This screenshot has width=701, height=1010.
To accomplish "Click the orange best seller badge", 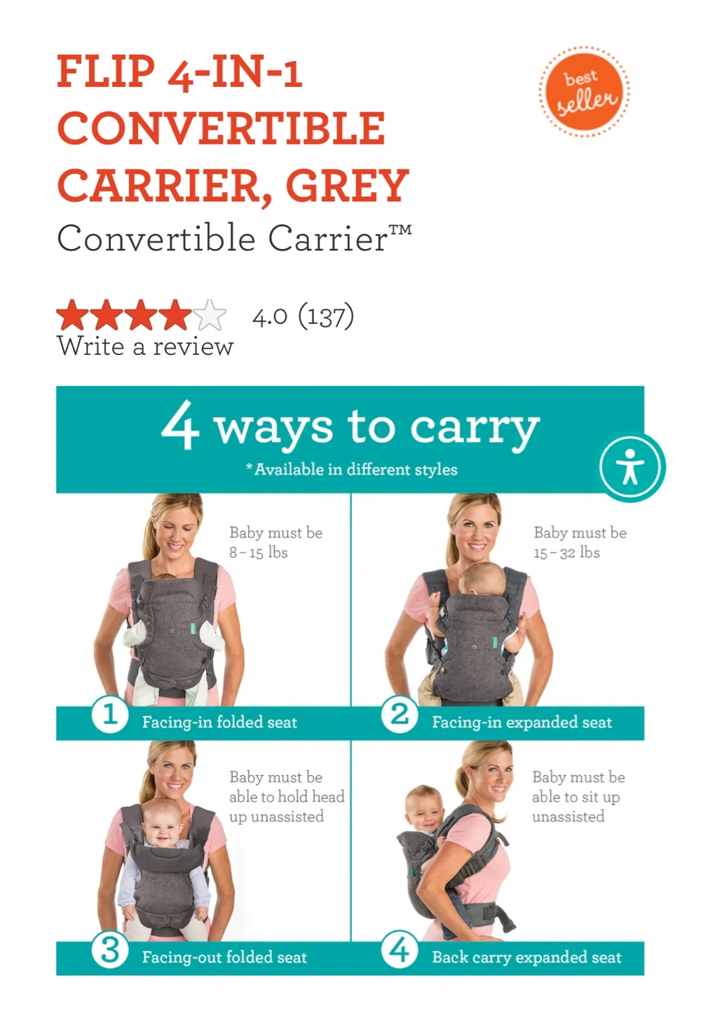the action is point(585,91).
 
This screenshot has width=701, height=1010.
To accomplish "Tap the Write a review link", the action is point(145,346).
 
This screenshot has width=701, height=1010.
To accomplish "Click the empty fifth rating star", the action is point(210,315).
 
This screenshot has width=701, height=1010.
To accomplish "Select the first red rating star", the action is point(72,315).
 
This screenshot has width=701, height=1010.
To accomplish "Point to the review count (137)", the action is point(326,316).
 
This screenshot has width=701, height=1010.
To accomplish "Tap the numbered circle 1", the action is point(109,715).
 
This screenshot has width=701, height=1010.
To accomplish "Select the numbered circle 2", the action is point(399,715).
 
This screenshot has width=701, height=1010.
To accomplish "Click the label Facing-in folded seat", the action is point(219,722).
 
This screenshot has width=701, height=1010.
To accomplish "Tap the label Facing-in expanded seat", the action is point(522,722).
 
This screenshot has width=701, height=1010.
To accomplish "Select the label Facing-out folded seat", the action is point(224,957).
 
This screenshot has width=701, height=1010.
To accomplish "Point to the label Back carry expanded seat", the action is point(526,957).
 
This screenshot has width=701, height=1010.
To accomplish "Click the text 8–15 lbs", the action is point(258,553).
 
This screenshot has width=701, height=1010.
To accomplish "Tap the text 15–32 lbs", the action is point(566,553).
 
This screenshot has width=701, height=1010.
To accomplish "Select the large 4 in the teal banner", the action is point(179,425).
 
